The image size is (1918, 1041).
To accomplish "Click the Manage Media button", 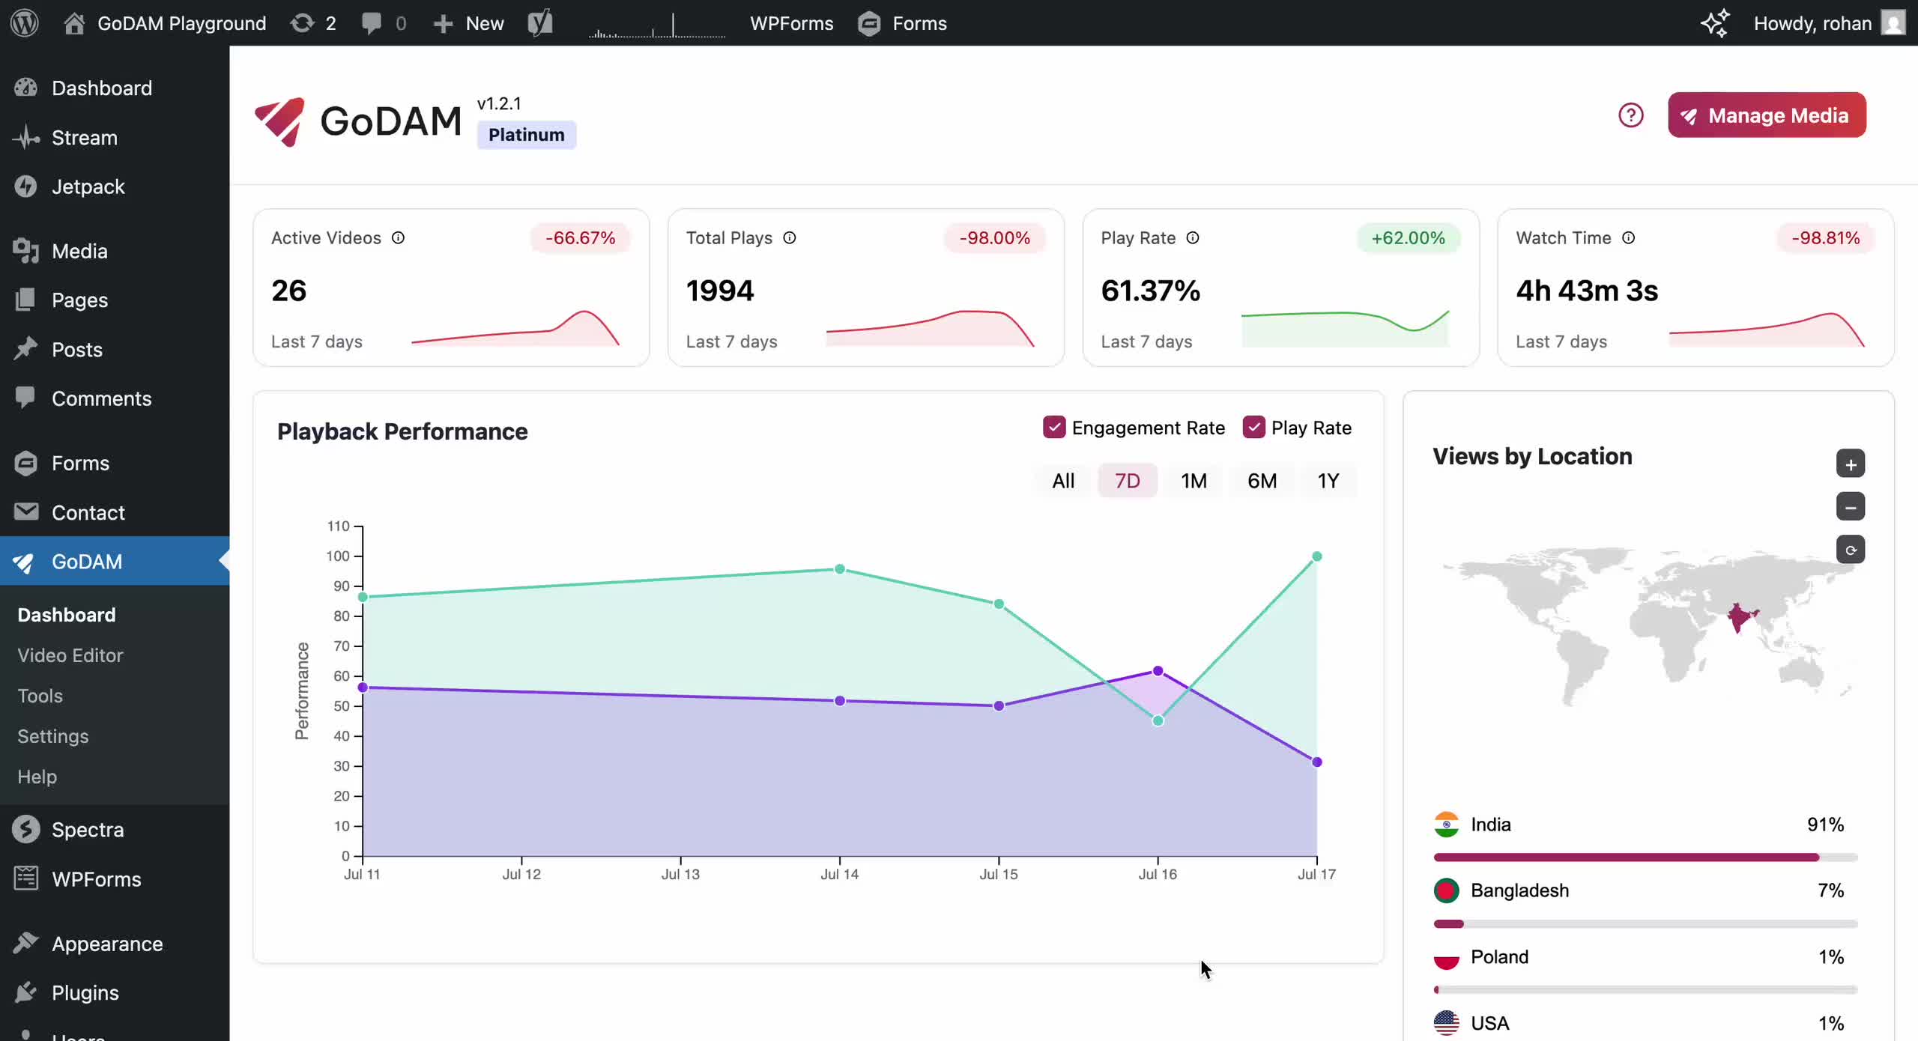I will pos(1766,115).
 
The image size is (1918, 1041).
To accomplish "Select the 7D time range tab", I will pos(1127,481).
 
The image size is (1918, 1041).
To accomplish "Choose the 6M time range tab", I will pos(1262,481).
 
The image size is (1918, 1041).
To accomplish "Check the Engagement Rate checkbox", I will pos(1054,428).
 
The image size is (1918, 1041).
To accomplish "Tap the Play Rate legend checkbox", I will pos(1253,428).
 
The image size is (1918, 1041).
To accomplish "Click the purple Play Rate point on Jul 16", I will pos(1158,671).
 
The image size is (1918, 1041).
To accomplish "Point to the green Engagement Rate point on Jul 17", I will pos(1316,556).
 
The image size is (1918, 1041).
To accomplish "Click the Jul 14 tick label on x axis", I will pos(839,874).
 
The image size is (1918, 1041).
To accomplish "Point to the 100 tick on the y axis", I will pos(338,556).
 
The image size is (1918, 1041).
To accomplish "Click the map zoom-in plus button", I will pos(1850,464).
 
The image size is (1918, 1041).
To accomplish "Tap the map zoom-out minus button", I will pos(1850,507).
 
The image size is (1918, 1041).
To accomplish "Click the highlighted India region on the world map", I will pos(1740,617).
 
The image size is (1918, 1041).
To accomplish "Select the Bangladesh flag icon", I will pos(1446,890).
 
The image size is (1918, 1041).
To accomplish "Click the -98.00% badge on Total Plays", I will pos(994,238).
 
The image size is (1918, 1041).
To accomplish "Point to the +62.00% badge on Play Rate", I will pos(1408,238).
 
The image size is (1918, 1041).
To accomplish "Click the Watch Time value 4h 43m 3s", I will pos(1587,291).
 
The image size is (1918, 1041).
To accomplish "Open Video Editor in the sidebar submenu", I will pos(70,655).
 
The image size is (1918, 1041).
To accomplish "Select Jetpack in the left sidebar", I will pos(88,186).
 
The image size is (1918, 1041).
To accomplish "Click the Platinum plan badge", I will pos(526,135).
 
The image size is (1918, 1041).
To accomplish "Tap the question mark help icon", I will pos(1630,115).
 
